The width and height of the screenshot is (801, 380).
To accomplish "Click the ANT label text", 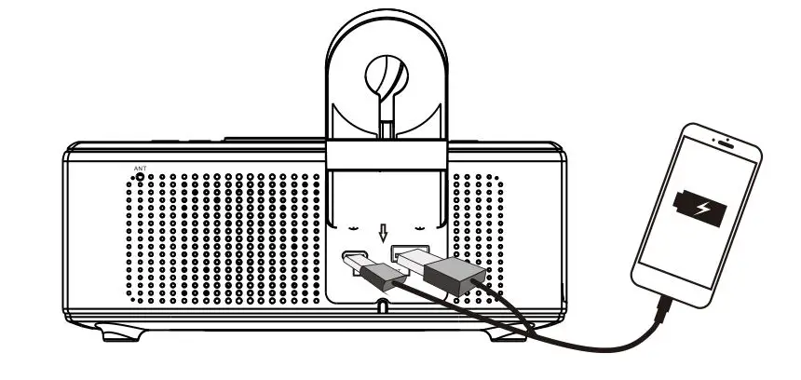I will [141, 169].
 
